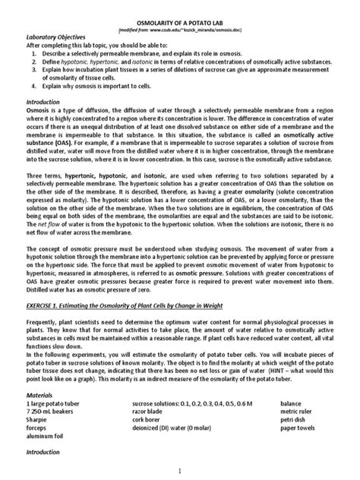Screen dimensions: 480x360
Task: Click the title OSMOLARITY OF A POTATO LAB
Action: click(180, 25)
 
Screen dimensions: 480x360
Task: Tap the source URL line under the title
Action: click(179, 33)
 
